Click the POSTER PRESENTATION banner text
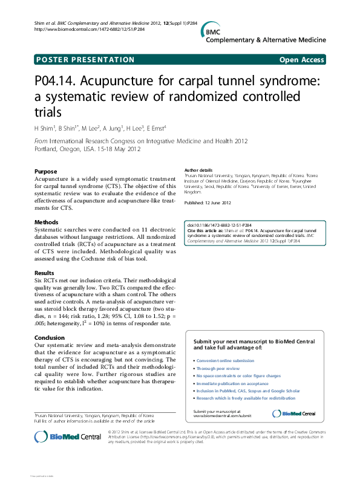click(85, 59)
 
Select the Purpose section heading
click(45, 172)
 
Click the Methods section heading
click(47, 222)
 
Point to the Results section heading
click(45, 273)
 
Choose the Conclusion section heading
click(50, 338)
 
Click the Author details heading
click(198, 170)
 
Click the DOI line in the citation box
click(212, 225)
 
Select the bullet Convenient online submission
click(226, 360)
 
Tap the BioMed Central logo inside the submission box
click(294, 414)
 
